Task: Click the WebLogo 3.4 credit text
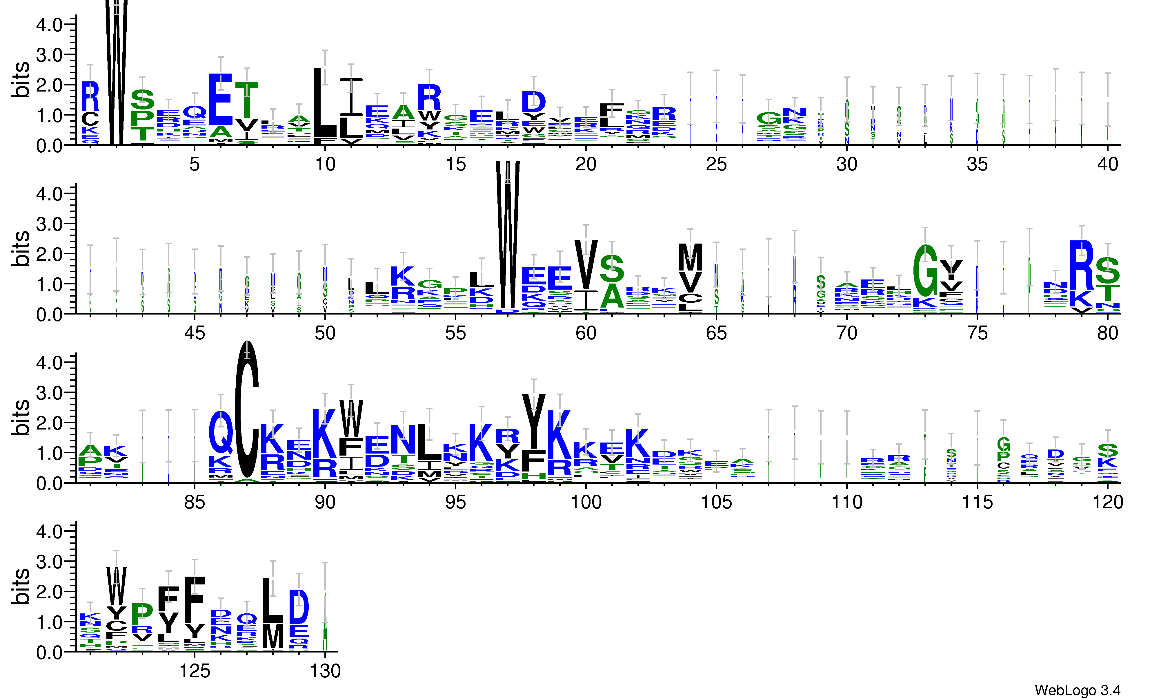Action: (1077, 690)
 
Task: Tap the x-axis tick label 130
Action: (325, 671)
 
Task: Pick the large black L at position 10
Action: (325, 103)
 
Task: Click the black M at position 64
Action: (690, 257)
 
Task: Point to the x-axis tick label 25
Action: (716, 164)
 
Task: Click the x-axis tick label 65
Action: (716, 333)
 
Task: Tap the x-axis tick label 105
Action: (716, 502)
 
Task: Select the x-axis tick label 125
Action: (195, 671)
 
